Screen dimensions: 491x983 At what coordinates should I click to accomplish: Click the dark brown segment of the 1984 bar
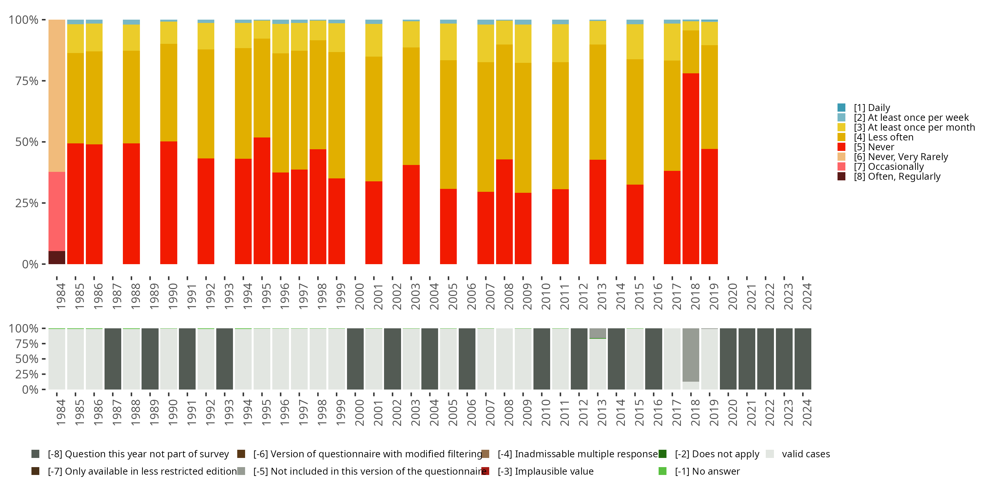[x=57, y=257]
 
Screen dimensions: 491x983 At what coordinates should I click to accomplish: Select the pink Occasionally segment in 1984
[x=57, y=211]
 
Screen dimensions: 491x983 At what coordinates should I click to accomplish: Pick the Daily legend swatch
[x=841, y=107]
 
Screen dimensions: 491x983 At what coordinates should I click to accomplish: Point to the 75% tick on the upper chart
[x=27, y=81]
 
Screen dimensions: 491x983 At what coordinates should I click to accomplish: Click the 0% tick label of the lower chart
[x=30, y=390]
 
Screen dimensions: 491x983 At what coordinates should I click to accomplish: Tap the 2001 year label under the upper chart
[x=378, y=296]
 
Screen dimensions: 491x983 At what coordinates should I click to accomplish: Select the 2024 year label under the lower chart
[x=807, y=412]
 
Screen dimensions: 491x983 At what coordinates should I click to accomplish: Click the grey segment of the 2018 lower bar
[x=691, y=355]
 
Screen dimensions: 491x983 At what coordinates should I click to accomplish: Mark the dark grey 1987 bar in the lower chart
[x=113, y=359]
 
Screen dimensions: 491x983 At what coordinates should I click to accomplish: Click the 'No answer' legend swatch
[x=663, y=471]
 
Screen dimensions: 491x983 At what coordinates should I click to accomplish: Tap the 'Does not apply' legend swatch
[x=663, y=454]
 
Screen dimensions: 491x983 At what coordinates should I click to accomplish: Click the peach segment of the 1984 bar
[x=57, y=95]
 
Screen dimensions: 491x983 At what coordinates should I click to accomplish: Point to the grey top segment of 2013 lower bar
[x=598, y=333]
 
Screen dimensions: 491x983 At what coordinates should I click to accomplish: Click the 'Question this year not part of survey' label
[x=138, y=454]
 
